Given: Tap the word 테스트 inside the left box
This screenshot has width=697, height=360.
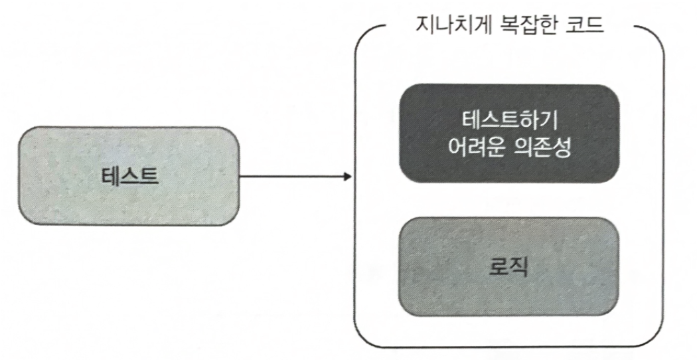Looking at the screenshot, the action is click(x=129, y=176).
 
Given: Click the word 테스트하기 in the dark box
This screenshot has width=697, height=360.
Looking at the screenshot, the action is click(x=509, y=121).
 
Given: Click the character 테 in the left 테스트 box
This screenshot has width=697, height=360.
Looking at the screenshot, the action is click(x=112, y=176).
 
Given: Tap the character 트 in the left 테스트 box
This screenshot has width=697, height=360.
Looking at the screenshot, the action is click(x=148, y=176).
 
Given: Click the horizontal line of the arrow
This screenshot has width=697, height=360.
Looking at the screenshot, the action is click(x=292, y=177).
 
